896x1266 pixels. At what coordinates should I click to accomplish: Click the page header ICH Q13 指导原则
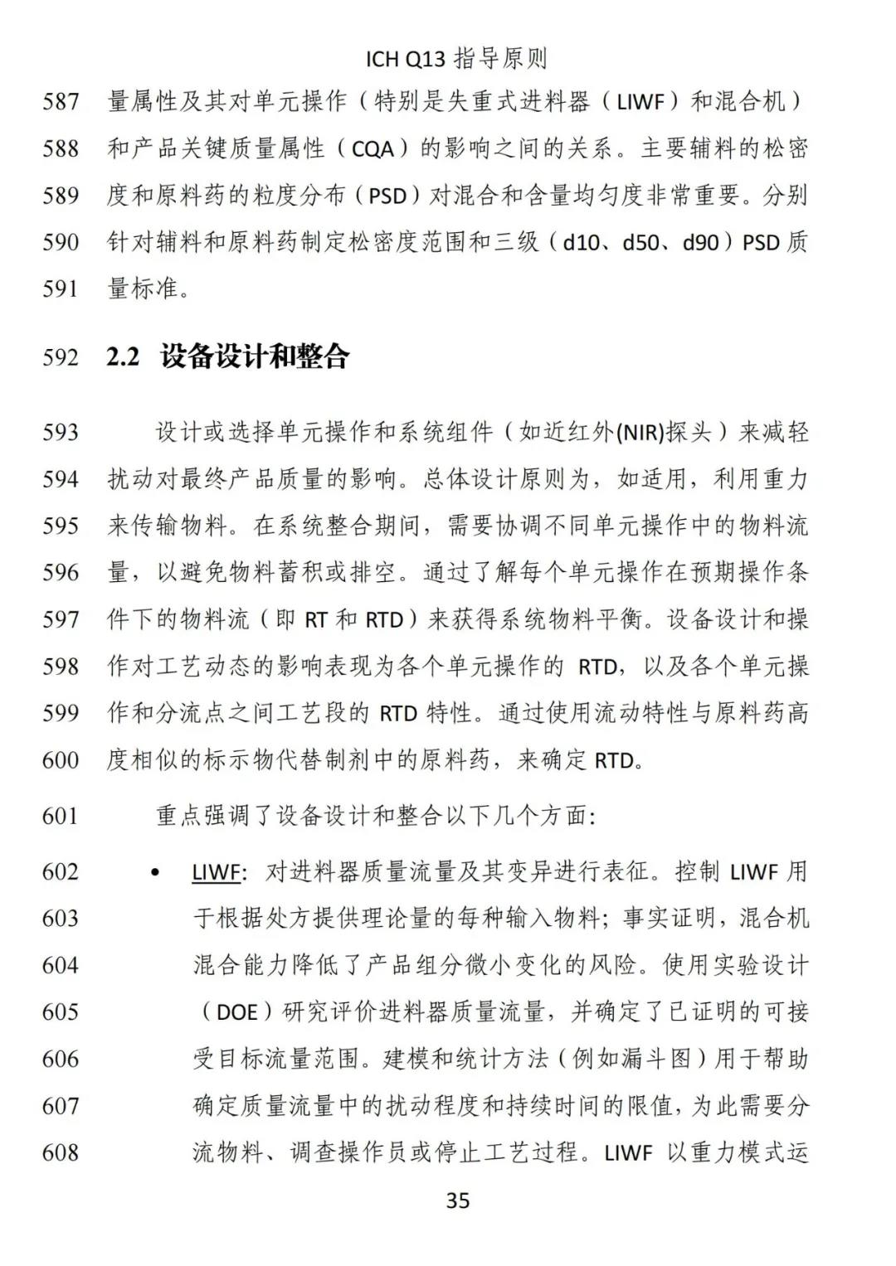(x=456, y=59)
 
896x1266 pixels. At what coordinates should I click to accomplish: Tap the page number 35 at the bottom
(x=458, y=1200)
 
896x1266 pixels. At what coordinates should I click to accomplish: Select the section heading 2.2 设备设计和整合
(x=228, y=357)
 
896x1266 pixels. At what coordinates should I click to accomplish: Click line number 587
(x=61, y=103)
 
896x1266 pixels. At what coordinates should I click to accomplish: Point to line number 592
(x=61, y=358)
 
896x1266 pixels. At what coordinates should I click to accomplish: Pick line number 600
(x=61, y=759)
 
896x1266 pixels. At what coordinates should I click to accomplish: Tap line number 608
(x=61, y=1152)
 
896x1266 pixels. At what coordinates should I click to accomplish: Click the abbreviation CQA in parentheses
(x=379, y=150)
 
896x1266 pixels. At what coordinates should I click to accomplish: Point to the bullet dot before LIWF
(x=155, y=872)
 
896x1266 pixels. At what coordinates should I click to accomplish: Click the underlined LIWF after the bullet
(x=217, y=872)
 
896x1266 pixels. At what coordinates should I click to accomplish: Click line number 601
(x=61, y=816)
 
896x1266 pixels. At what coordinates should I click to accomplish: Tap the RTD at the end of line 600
(x=614, y=760)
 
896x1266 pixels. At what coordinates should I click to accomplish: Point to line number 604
(x=61, y=965)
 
